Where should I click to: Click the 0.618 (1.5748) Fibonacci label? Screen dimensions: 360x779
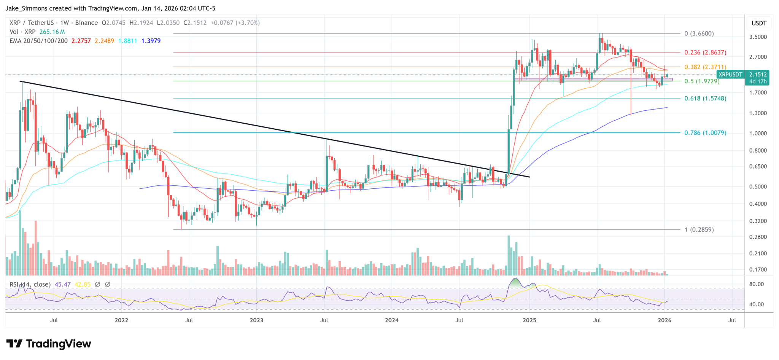[705, 99]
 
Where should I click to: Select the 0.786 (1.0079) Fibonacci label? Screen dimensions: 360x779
[705, 133]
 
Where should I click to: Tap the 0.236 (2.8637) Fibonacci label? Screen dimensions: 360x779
[705, 53]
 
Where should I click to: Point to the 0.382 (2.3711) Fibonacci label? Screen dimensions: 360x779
[705, 67]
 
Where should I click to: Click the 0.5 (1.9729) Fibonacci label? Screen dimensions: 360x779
[702, 81]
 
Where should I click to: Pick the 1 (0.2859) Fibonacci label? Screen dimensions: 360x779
[699, 230]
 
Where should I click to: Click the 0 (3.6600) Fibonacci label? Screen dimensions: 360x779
[699, 33]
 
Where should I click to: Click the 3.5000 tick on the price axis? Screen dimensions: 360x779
[758, 37]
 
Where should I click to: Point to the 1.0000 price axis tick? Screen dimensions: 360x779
[758, 133]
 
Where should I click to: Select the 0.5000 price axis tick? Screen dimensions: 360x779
[758, 187]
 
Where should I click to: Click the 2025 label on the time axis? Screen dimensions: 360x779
[529, 320]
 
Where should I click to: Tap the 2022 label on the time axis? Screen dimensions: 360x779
[121, 320]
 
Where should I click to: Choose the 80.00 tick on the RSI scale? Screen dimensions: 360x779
[757, 284]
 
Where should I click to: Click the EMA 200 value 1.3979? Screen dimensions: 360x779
[151, 41]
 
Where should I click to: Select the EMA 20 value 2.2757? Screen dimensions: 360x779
[81, 41]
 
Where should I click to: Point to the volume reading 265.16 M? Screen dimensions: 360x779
[52, 32]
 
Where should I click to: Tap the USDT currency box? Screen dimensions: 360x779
[759, 23]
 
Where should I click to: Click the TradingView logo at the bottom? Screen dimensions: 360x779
[49, 344]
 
